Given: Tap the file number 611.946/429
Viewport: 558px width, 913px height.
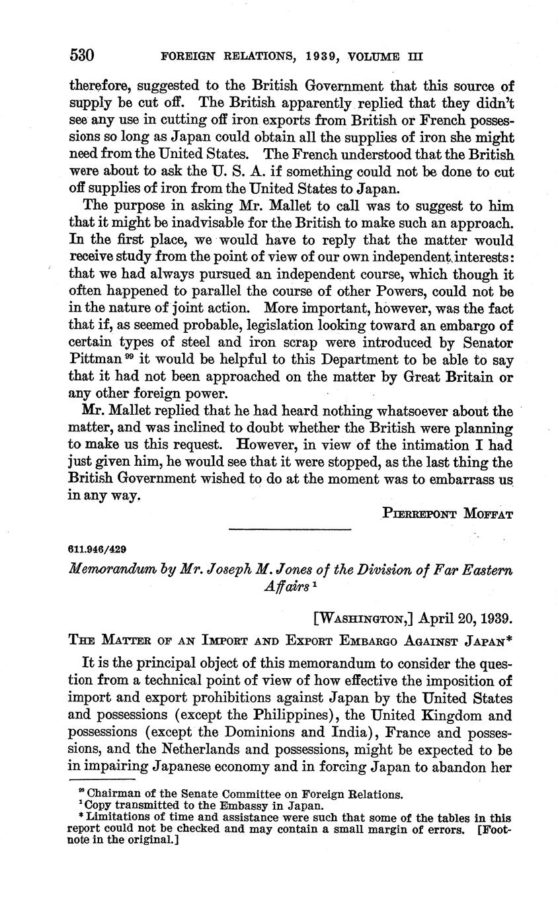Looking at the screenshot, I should coord(97,549).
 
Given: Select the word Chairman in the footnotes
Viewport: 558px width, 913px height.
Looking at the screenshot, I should coord(109,794).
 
